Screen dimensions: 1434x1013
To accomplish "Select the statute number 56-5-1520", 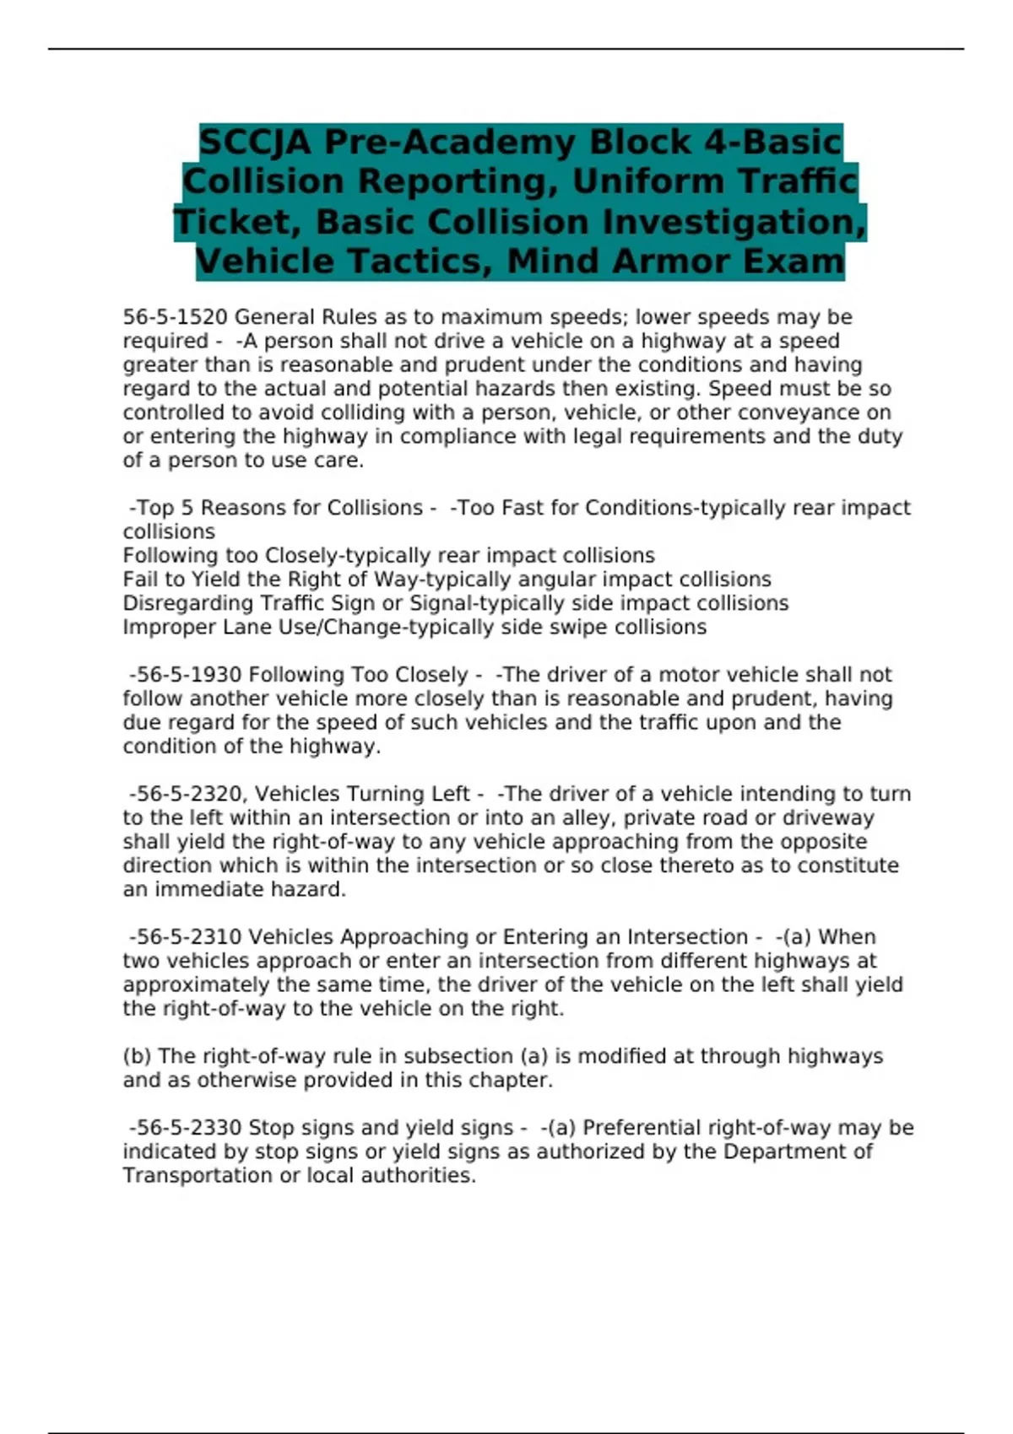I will [x=176, y=317].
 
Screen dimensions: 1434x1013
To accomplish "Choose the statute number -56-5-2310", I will [x=186, y=937].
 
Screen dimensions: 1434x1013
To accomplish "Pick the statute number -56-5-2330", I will [x=186, y=1128].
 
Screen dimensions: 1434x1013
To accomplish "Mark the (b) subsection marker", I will [x=137, y=1056].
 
